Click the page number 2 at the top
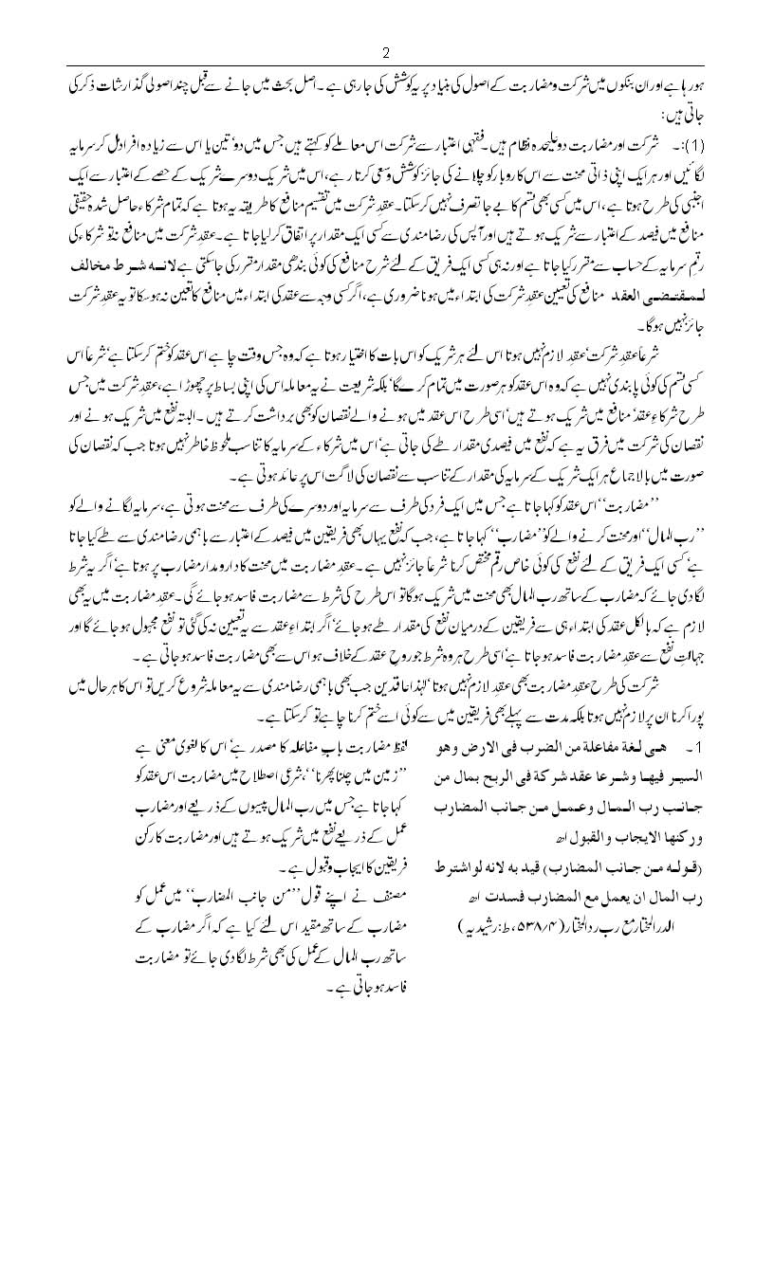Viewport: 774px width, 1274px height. coord(386,51)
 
